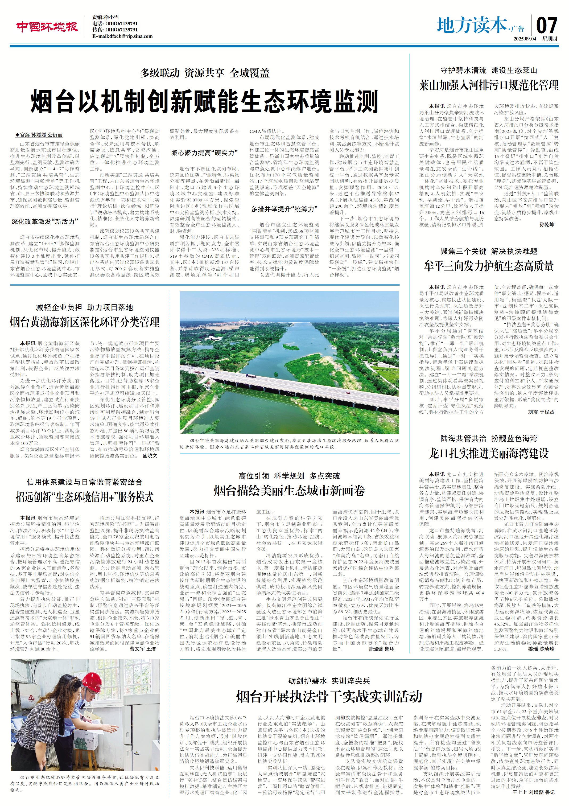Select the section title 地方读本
[x=472, y=25]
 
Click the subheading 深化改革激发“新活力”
[x=45, y=221]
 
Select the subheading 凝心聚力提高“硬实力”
[x=205, y=153]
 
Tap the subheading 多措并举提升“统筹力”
[x=284, y=209]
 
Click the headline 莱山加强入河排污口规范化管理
[x=489, y=85]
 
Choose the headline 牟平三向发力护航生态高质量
[x=489, y=266]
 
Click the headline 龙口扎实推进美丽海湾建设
[x=489, y=453]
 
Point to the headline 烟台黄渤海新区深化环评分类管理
[x=85, y=322]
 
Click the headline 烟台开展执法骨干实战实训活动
[x=329, y=696]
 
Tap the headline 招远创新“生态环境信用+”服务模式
[x=85, y=497]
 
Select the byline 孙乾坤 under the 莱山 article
[x=547, y=225]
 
